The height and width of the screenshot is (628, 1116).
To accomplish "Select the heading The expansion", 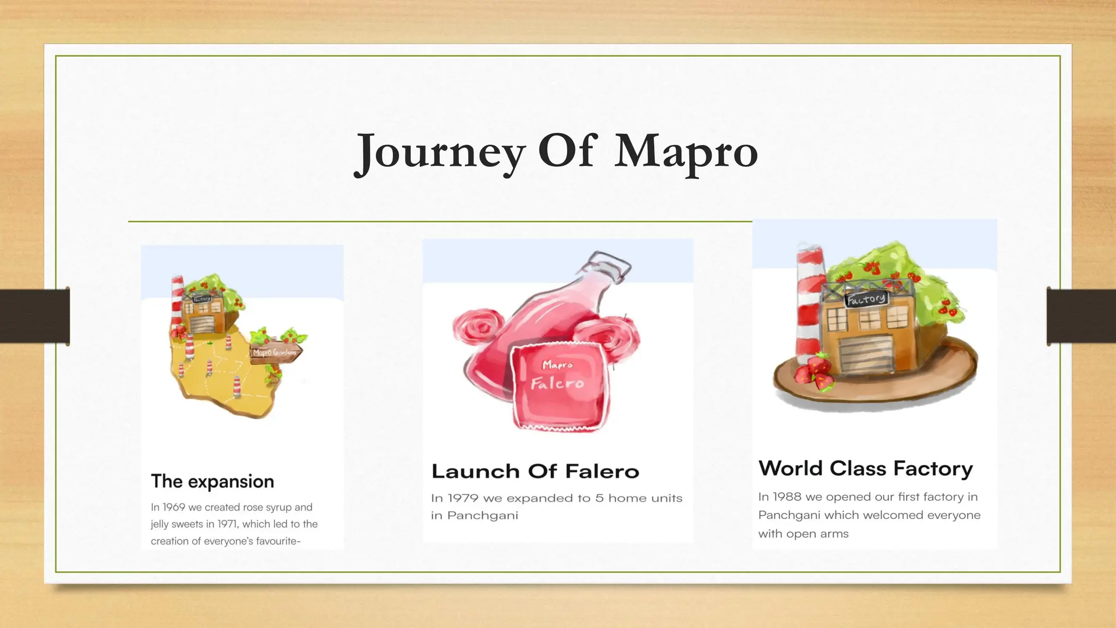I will tap(213, 481).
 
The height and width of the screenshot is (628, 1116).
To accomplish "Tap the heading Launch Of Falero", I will tap(535, 471).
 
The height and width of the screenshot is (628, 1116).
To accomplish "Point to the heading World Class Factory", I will tap(865, 468).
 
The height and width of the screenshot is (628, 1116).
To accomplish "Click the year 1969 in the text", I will tap(174, 507).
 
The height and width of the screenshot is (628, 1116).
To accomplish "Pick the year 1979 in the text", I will tap(463, 498).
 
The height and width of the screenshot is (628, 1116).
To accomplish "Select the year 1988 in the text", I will tap(787, 497).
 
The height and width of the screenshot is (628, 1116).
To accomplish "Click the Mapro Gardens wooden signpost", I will tap(275, 352).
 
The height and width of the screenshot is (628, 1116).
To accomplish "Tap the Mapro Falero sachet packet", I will tap(558, 384).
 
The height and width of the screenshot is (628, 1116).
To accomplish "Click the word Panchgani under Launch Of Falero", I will tap(482, 515).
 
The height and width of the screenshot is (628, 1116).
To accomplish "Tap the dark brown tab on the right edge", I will tap(1081, 316).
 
